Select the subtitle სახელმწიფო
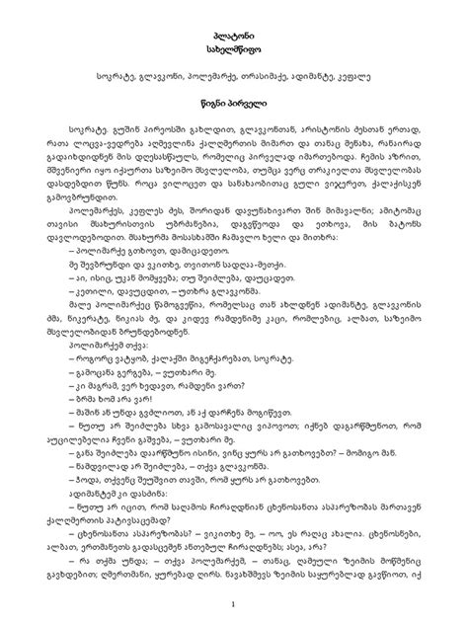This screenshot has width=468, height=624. point(233,48)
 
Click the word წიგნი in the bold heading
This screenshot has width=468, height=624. point(206,103)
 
